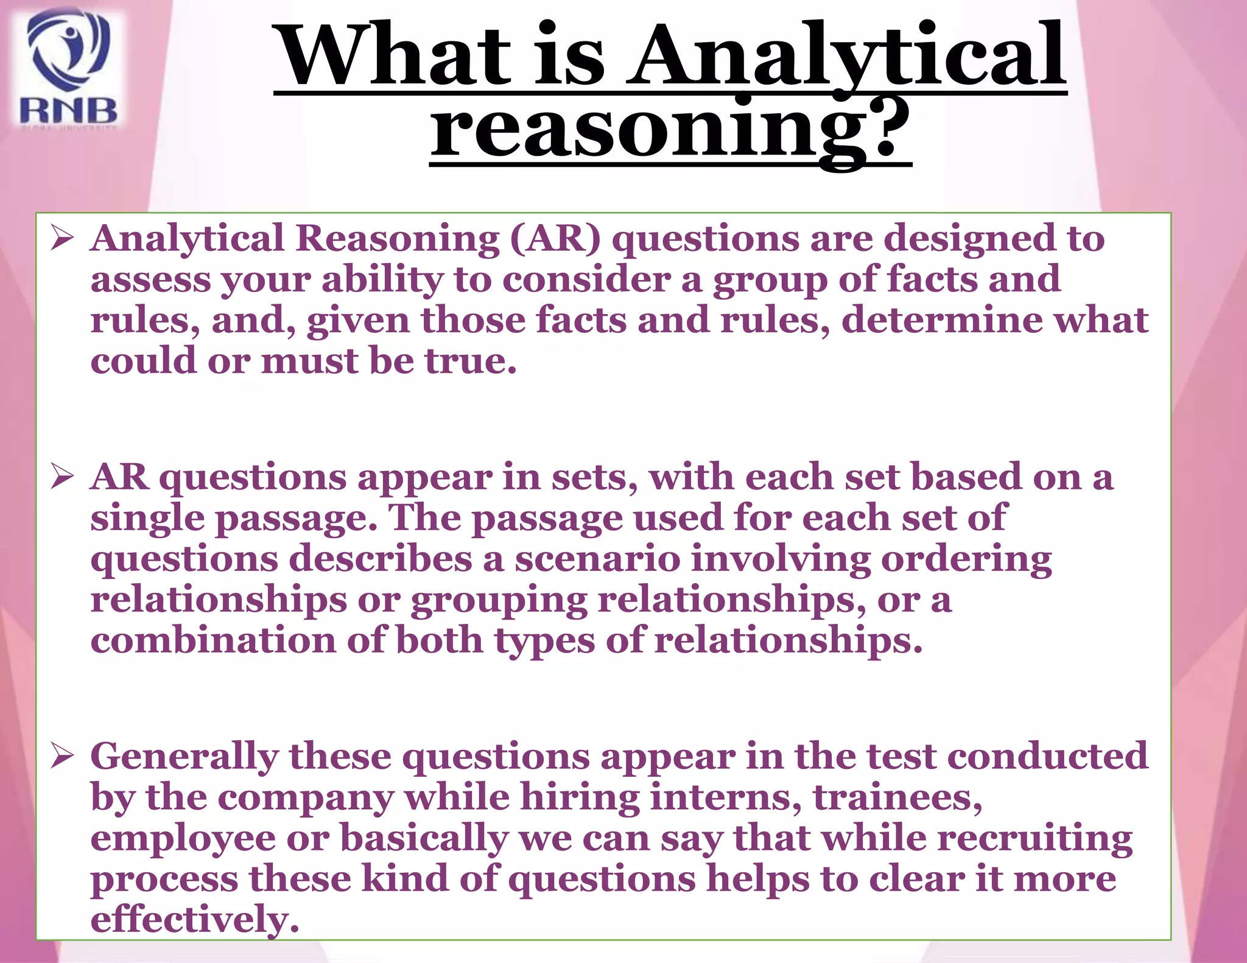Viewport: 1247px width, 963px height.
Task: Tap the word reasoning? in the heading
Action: click(670, 129)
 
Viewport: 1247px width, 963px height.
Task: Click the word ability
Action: click(382, 280)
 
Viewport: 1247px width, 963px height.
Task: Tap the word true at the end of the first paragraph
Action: click(470, 361)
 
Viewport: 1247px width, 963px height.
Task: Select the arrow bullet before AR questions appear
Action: click(63, 477)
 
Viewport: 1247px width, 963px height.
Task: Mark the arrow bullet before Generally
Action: click(63, 756)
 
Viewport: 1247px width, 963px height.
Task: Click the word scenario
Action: click(597, 559)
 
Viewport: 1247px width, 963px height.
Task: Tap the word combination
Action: click(213, 640)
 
